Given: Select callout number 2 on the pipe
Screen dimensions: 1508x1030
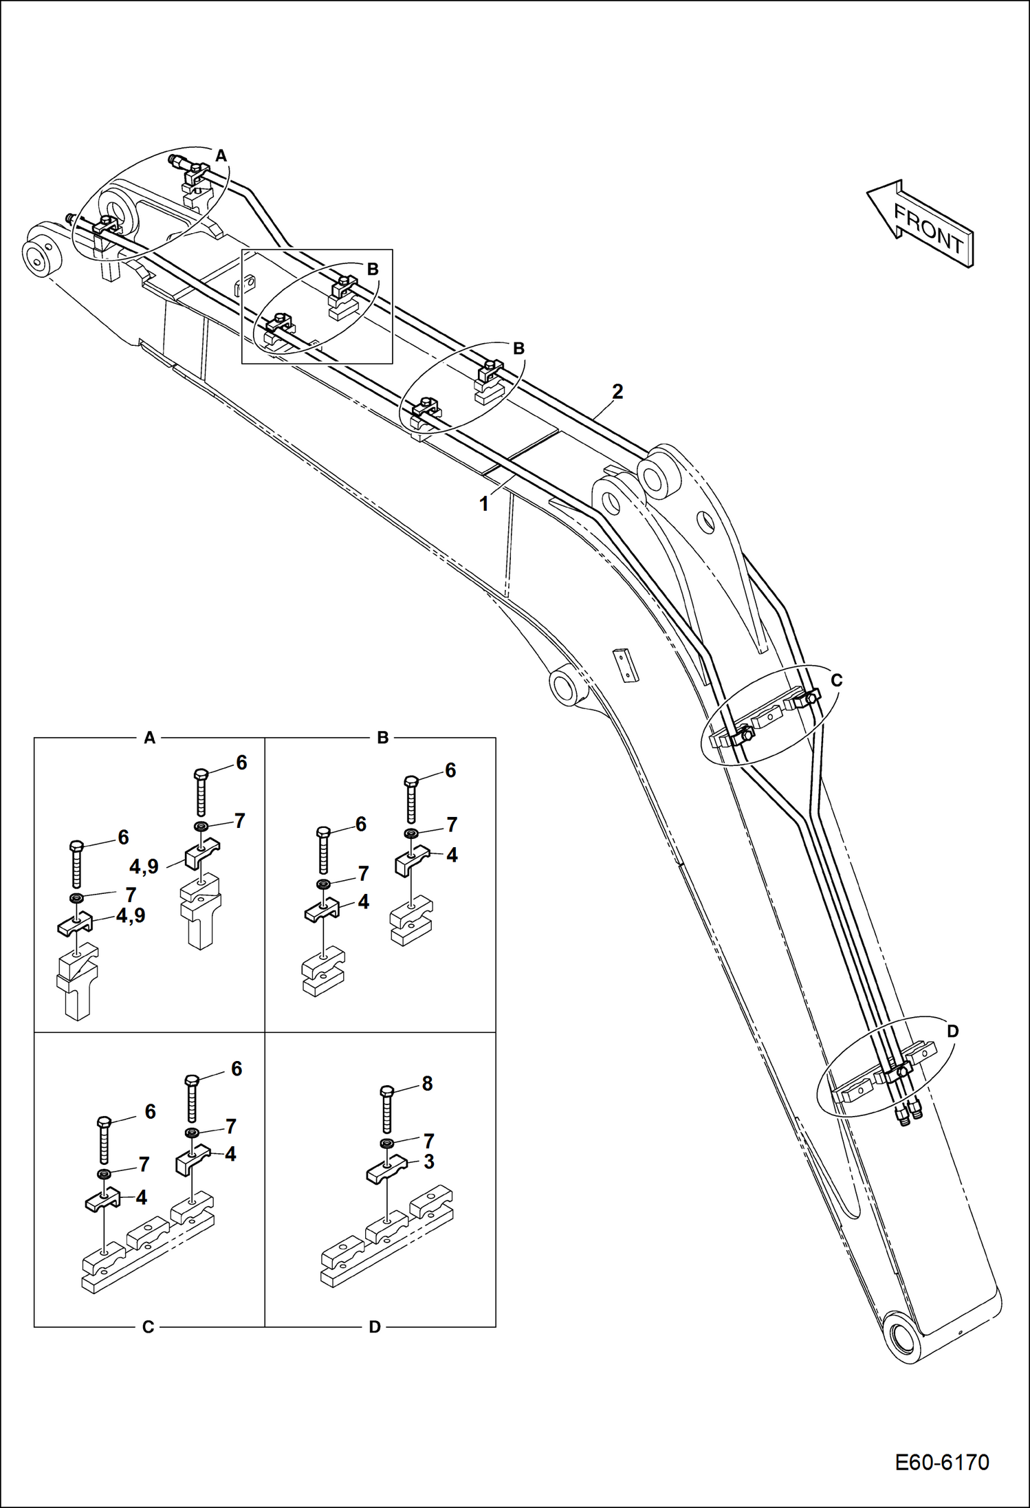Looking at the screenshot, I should coord(617,392).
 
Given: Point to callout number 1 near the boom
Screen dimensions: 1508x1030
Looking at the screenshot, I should coord(483,504).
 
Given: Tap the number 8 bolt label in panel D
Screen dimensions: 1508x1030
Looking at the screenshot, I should coord(427,1084).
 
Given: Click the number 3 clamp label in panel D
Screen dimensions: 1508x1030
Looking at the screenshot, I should coord(428,1161).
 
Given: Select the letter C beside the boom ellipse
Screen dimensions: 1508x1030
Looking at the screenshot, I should coord(836,680).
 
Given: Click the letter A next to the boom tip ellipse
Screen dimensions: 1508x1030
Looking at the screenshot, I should coord(221,156).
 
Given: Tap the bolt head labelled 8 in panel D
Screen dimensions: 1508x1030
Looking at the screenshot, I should coord(387,1091).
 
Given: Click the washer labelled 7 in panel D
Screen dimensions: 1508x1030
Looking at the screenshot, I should coord(387,1143).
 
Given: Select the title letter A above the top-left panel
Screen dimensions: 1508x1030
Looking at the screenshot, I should coord(149,738).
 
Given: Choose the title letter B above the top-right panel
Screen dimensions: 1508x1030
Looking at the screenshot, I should coord(382,738).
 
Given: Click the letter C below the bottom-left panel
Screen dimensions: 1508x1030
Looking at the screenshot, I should coord(148,1327).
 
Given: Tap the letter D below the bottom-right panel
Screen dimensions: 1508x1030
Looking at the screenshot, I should coord(375,1327).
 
